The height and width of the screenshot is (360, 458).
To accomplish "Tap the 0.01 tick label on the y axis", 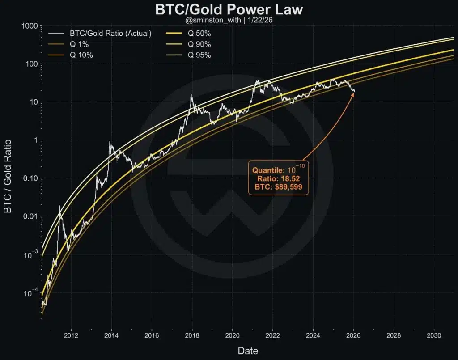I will (30, 216).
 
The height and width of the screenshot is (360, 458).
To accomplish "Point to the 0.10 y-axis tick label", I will (30, 178).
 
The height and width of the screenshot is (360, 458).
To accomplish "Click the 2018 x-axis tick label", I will (192, 335).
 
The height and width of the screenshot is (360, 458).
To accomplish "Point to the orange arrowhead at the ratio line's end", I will (353, 93).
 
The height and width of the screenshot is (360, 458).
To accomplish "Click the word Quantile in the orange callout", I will (268, 170).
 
